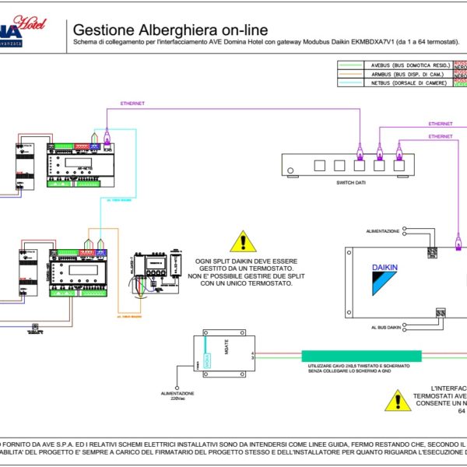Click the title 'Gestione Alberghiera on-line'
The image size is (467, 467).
[x=170, y=30]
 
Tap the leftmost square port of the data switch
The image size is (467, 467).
[x=319, y=165]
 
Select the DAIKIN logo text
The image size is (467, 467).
[x=384, y=268]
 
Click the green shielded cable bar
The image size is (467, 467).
[x=362, y=356]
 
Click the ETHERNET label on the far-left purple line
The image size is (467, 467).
[x=132, y=102]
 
